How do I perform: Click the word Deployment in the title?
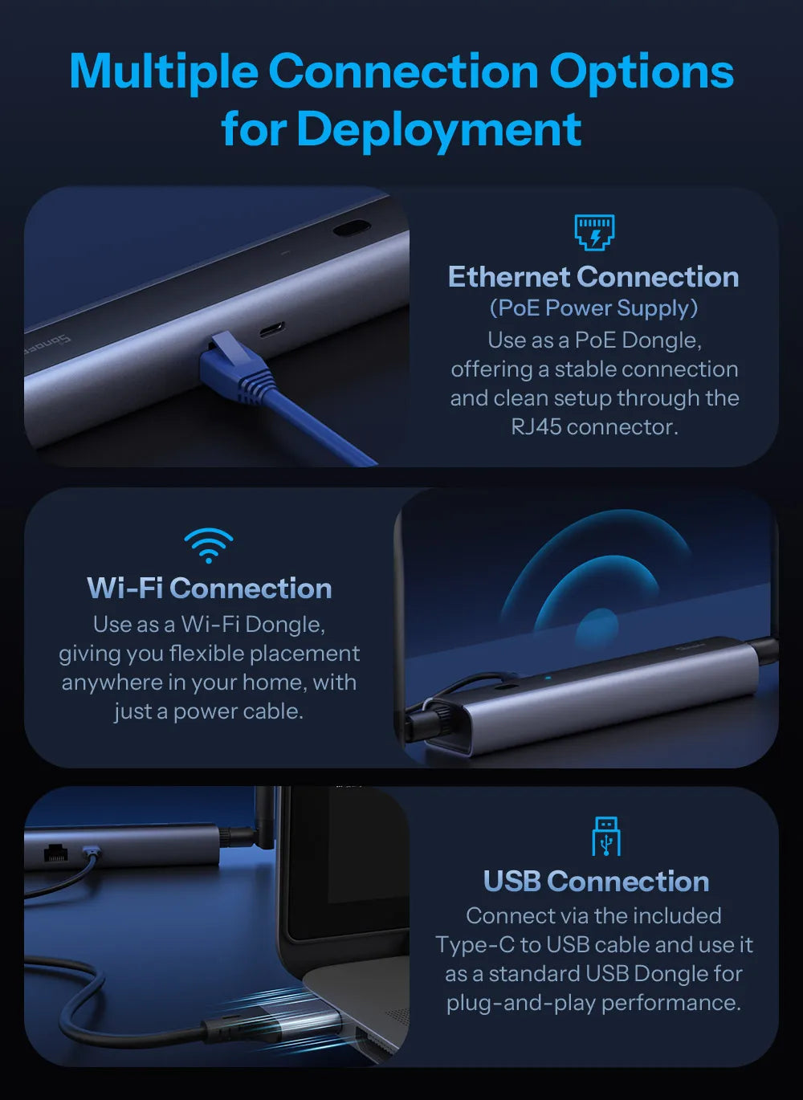click(x=438, y=129)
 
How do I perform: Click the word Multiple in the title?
click(x=164, y=71)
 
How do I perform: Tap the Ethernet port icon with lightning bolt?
click(x=594, y=232)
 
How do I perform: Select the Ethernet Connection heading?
click(x=593, y=277)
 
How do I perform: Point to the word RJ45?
click(x=536, y=426)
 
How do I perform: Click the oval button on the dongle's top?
click(x=351, y=228)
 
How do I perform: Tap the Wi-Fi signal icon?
click(x=208, y=545)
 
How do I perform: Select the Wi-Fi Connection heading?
click(x=210, y=588)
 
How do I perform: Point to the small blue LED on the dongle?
click(x=548, y=678)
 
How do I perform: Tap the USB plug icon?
click(x=606, y=837)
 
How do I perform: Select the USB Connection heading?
click(x=597, y=882)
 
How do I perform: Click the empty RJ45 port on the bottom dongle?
click(x=55, y=854)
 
